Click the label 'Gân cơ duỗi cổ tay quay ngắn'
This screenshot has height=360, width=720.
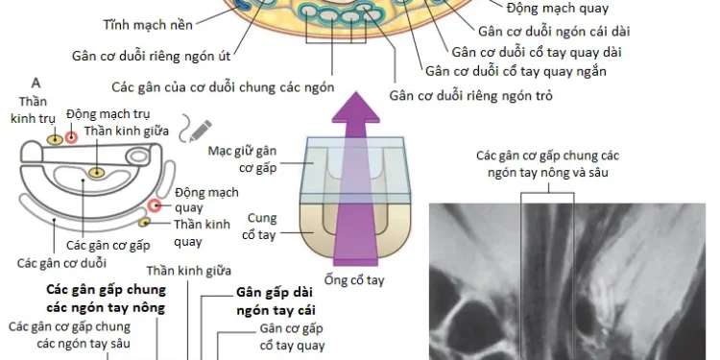click(516, 70)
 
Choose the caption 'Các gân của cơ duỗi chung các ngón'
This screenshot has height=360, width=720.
click(222, 84)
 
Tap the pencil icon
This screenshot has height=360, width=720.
click(202, 128)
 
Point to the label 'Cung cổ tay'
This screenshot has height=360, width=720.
click(262, 226)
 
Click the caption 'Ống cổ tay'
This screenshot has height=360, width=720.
click(354, 280)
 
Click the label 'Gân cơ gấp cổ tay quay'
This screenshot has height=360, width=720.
click(292, 337)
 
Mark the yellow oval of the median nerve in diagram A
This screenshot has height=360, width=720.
click(97, 171)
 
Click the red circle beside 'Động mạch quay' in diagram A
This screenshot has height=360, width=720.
click(156, 206)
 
